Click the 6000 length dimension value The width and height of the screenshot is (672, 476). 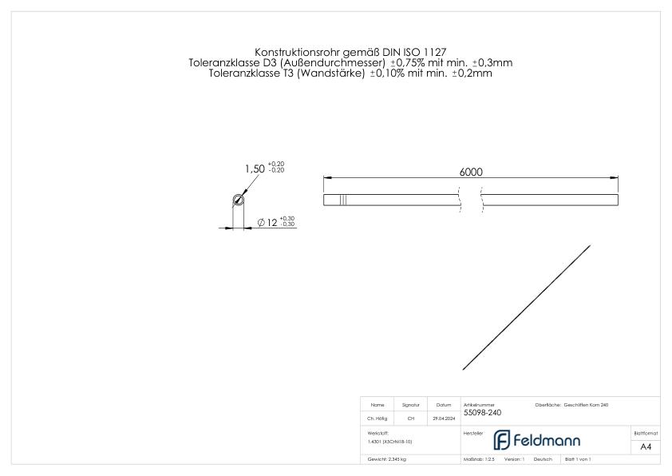[471, 172]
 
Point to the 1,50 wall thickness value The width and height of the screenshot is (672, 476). [254, 169]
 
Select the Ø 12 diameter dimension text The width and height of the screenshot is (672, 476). [268, 223]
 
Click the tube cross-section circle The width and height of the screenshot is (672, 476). [237, 200]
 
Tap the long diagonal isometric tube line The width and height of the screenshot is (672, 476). [526, 307]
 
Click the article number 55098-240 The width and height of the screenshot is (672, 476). [482, 413]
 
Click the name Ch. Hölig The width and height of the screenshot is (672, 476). [378, 418]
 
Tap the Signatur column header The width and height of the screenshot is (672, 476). [410, 405]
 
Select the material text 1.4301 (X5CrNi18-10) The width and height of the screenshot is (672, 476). [390, 442]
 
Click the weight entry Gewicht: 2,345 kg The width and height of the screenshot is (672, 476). [387, 460]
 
